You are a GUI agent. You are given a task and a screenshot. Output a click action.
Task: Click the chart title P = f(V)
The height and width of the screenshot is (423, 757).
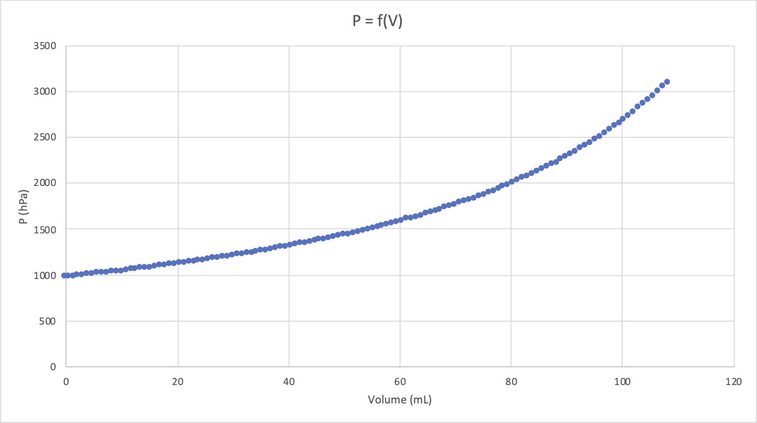click(377, 23)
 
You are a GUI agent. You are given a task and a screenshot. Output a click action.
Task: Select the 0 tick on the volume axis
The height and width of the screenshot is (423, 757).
click(66, 382)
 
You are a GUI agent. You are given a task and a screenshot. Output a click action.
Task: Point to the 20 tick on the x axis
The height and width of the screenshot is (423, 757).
click(178, 382)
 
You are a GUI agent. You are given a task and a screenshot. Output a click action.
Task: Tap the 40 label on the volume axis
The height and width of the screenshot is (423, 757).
click(289, 382)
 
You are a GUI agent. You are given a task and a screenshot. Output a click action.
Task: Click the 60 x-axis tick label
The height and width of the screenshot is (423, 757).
click(400, 382)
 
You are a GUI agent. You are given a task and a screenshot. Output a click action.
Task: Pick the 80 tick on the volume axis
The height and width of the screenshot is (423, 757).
click(511, 382)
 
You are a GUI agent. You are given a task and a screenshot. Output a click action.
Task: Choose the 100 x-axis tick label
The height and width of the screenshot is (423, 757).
click(622, 382)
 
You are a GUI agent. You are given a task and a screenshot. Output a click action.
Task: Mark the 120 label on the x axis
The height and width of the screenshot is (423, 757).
click(733, 382)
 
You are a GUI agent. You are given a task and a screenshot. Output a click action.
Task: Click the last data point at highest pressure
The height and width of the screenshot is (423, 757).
click(667, 82)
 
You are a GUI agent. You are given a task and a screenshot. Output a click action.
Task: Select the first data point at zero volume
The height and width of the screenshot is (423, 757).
click(65, 275)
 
